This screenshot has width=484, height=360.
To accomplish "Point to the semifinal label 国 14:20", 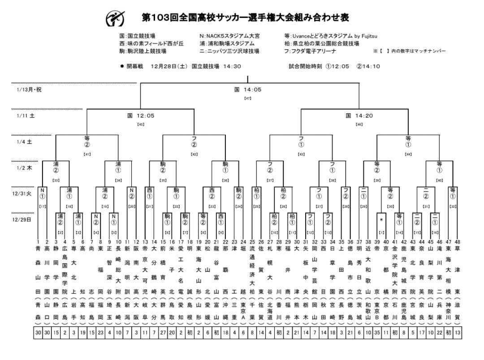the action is click(359, 116).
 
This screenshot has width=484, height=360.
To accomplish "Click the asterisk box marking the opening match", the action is click(381, 220).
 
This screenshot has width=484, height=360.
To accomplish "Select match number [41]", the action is click(87, 154).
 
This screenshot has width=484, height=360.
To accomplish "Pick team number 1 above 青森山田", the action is click(39, 242).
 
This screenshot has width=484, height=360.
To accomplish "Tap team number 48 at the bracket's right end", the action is click(458, 242).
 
